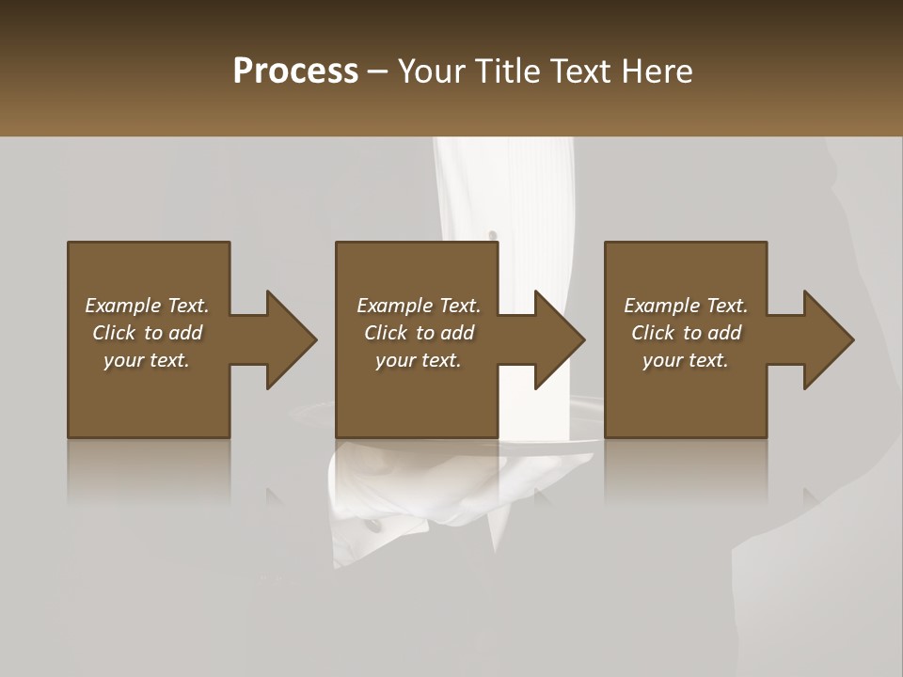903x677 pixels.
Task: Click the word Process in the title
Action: point(295,71)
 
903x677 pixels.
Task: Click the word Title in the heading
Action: point(506,71)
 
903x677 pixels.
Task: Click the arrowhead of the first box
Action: point(291,339)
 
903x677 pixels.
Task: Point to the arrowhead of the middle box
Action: point(560,339)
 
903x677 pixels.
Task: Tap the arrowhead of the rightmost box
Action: point(829,339)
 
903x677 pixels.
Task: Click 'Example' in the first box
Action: point(123,306)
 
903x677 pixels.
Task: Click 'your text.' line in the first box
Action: point(147,360)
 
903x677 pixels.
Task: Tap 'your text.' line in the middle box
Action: point(418,360)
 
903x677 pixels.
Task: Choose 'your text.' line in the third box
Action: point(686,360)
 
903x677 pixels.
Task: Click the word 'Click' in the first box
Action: point(115,333)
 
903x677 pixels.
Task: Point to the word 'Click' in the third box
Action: point(654,333)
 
